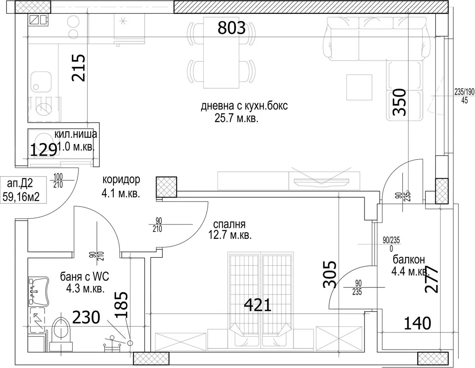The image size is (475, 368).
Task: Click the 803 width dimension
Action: [x=231, y=28]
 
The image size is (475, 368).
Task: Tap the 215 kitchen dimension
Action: [x=78, y=67]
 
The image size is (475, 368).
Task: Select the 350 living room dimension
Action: [x=399, y=102]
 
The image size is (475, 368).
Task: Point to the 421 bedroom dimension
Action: [x=258, y=305]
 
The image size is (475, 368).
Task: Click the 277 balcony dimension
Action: [x=432, y=279]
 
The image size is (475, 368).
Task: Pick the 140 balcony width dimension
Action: [x=417, y=323]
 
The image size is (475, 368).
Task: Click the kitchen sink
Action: [x=40, y=81]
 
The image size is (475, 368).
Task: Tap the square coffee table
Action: [x=359, y=87]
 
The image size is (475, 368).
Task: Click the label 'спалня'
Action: [x=229, y=224]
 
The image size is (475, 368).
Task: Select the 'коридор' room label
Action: [x=121, y=180]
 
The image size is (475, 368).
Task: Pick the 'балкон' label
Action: [x=409, y=260]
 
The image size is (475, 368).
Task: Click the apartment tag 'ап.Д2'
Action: [x=20, y=184]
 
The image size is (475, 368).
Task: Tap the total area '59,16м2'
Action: [x=21, y=197]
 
